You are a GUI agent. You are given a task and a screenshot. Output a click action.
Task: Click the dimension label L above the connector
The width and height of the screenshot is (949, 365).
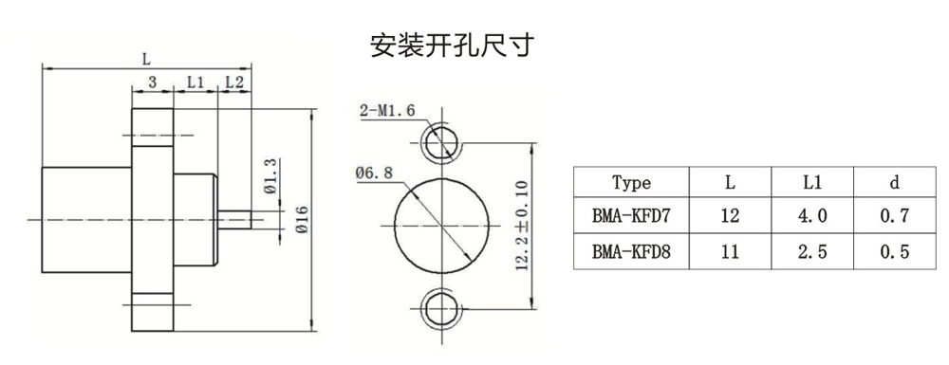coord(146,59)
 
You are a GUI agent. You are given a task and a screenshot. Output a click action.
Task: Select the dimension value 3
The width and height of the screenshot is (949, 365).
coord(153,82)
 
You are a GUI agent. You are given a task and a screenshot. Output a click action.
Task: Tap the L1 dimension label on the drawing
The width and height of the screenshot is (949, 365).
coord(195,82)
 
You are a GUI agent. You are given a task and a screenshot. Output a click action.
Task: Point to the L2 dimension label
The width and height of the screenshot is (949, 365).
coord(234,82)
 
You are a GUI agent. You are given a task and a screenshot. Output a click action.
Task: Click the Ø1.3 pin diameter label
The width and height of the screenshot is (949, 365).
coord(270,175)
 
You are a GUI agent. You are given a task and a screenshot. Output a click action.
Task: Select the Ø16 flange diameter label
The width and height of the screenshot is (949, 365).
coord(302,219)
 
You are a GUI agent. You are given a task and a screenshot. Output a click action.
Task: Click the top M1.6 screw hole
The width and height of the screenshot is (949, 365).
coord(441,144)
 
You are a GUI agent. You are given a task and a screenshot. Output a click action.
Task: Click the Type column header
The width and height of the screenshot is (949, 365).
coord(631,182)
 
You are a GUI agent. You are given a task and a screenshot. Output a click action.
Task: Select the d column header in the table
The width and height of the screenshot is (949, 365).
coord(895,182)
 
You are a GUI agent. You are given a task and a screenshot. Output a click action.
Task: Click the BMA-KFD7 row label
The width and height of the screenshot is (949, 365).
coord(631,216)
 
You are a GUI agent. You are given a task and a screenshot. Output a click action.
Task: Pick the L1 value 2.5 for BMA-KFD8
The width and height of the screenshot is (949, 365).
coord(811,251)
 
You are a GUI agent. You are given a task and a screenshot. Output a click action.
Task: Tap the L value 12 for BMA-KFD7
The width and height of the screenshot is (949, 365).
coord(730,216)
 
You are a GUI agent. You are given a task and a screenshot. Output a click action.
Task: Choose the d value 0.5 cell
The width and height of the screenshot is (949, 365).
coord(895,251)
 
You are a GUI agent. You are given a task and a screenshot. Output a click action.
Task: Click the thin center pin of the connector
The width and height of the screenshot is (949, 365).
coord(234,219)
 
